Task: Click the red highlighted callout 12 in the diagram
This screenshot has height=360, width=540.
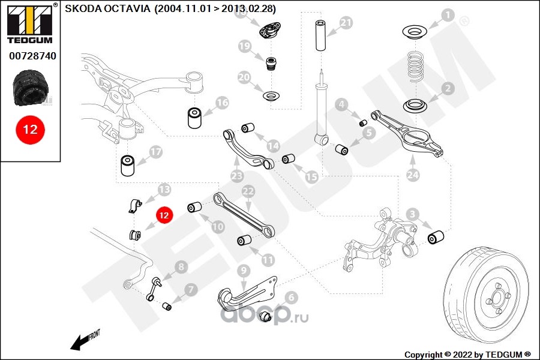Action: [x=164, y=214]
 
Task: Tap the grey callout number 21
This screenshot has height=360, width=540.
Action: [x=346, y=23]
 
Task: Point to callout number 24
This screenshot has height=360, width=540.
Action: [x=413, y=175]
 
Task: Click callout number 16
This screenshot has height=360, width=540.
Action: [x=222, y=103]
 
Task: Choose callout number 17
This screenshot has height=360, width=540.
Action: [x=155, y=152]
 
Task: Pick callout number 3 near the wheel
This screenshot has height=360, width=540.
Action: [x=412, y=214]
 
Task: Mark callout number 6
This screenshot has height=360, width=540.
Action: [x=291, y=296]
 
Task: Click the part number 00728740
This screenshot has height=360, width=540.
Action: [x=32, y=56]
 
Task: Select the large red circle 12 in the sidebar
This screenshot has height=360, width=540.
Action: [x=30, y=130]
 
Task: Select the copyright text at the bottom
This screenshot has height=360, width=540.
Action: [x=468, y=354]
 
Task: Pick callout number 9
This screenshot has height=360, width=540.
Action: [x=242, y=271]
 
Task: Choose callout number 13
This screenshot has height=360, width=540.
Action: [x=164, y=190]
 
